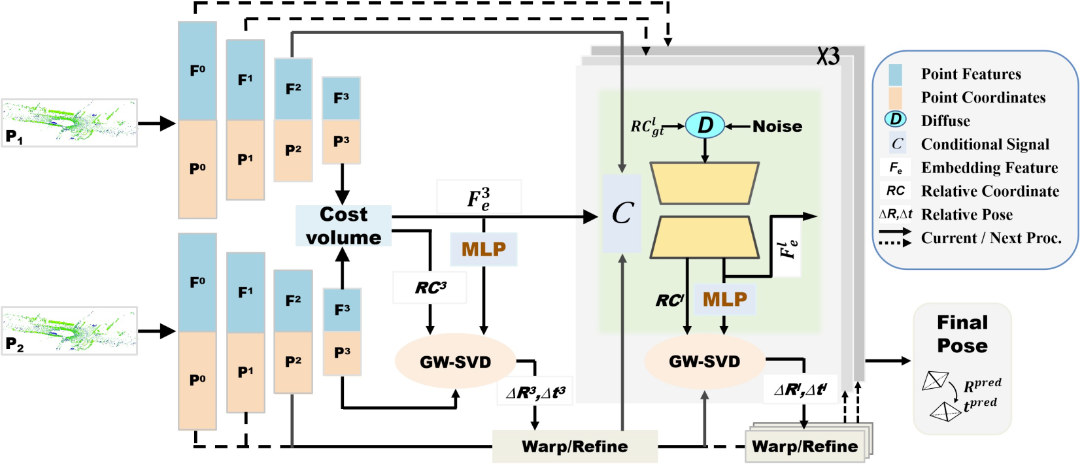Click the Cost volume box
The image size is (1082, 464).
pyautogui.click(x=343, y=225)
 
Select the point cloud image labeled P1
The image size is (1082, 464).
pyautogui.click(x=69, y=123)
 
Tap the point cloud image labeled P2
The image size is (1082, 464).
pyautogui.click(x=69, y=331)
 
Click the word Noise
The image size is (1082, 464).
pyautogui.click(x=777, y=126)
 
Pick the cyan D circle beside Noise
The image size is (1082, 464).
pyautogui.click(x=705, y=125)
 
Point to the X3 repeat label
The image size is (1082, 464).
pyautogui.click(x=828, y=57)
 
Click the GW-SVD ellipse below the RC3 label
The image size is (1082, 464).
pyautogui.click(x=455, y=361)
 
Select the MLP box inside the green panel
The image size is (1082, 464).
pyautogui.click(x=724, y=299)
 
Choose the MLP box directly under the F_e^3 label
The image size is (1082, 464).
pyautogui.click(x=484, y=249)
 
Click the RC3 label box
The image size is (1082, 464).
pyautogui.click(x=430, y=288)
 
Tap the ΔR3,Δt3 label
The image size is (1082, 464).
pyautogui.click(x=535, y=392)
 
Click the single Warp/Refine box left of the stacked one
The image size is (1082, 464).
pyautogui.click(x=575, y=446)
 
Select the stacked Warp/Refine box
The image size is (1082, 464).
pyautogui.click(x=805, y=446)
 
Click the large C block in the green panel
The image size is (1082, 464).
pyautogui.click(x=622, y=213)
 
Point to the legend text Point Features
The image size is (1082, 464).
pyautogui.click(x=971, y=74)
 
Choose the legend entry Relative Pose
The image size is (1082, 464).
pyautogui.click(x=966, y=214)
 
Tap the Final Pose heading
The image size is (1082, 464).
pyautogui.click(x=962, y=333)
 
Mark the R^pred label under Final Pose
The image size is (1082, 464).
pyautogui.click(x=982, y=386)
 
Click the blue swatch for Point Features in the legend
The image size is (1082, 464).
pyautogui.click(x=895, y=75)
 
